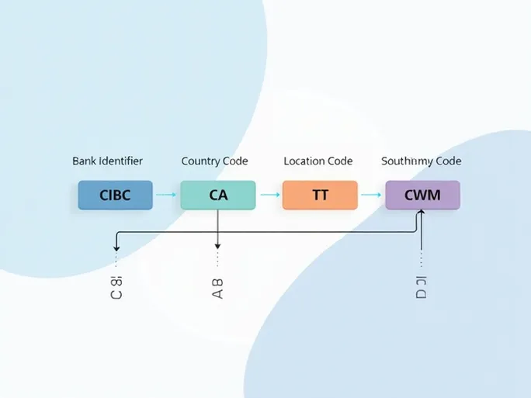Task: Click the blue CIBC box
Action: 115,195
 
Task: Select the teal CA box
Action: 217,195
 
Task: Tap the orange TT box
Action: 320,195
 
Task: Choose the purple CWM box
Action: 422,195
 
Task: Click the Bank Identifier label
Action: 107,161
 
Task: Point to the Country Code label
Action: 214,161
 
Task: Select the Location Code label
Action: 318,161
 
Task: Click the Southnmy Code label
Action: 421,161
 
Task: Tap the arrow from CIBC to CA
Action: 166,196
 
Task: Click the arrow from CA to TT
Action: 269,196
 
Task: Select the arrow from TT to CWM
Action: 371,196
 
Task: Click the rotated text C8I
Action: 116,287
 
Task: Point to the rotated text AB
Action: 217,288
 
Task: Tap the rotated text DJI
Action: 421,287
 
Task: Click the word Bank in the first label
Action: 85,161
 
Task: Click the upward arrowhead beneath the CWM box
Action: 420,213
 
